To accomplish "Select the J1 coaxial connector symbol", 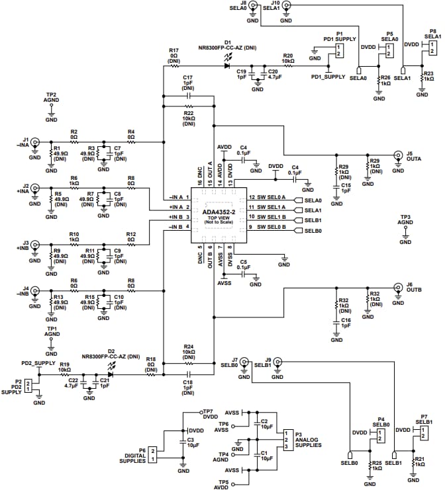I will tap(34, 141).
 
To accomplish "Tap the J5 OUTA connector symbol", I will tap(398, 155).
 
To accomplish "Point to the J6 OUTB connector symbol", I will tap(398, 288).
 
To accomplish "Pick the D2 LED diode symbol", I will tap(111, 374).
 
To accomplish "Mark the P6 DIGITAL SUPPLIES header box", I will tap(152, 454).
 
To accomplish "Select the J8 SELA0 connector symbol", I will tap(252, 5).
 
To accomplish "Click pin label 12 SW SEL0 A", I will tap(267, 198).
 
